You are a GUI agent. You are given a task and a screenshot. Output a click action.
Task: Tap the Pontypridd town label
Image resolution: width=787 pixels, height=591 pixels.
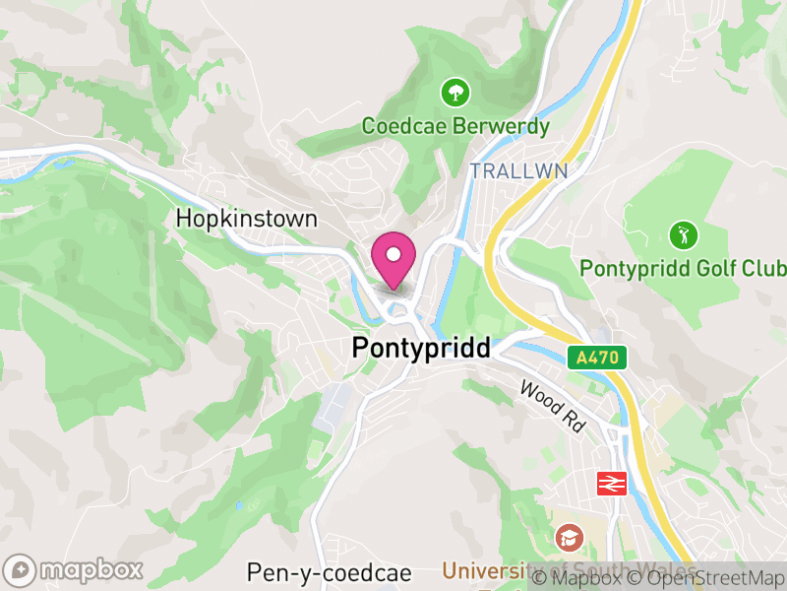pyautogui.click(x=421, y=348)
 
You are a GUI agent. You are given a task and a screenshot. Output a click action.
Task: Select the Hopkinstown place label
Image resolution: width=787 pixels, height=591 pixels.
pyautogui.click(x=246, y=219)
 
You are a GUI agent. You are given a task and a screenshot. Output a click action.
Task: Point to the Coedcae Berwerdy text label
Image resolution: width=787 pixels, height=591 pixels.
pyautogui.click(x=455, y=126)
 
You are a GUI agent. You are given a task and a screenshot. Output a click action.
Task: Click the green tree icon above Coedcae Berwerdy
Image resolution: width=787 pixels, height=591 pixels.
pyautogui.click(x=455, y=94)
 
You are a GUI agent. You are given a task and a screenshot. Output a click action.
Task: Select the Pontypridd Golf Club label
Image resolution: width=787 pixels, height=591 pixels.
pyautogui.click(x=683, y=268)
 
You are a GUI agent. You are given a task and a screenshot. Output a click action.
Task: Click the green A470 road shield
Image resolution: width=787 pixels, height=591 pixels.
pyautogui.click(x=597, y=358)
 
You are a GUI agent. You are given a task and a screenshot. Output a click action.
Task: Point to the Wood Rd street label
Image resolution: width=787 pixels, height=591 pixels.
pyautogui.click(x=553, y=405)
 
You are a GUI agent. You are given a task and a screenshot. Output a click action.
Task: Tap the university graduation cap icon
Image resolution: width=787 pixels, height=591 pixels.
pyautogui.click(x=568, y=537)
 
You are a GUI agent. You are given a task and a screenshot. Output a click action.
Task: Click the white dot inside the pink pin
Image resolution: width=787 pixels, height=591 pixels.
pyautogui.click(x=393, y=254)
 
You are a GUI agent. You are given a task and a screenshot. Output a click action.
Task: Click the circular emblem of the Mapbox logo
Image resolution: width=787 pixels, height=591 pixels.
pyautogui.click(x=21, y=570)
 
